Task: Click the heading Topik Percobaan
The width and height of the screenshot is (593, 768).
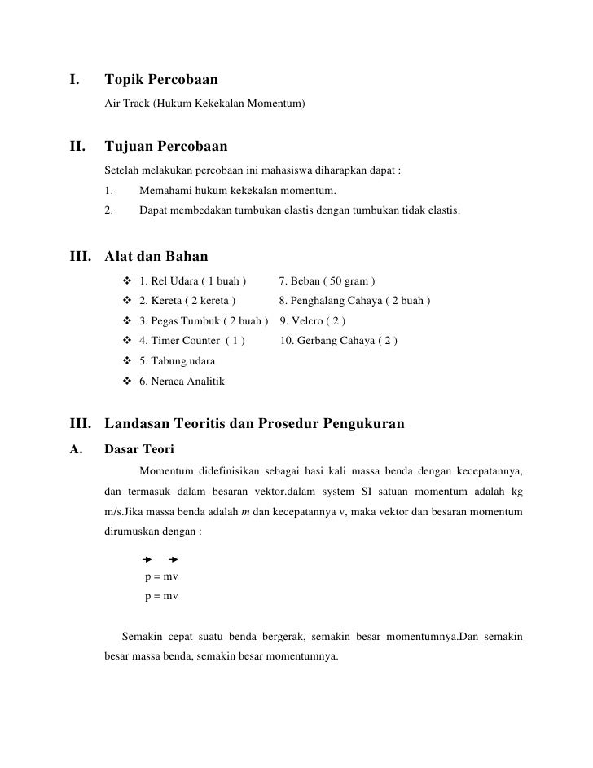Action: pyautogui.click(x=160, y=81)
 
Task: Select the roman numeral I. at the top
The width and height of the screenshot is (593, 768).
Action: pyautogui.click(x=74, y=81)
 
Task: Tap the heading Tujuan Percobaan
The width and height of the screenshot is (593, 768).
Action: pyautogui.click(x=166, y=148)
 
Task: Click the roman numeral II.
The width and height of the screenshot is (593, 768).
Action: pyautogui.click(x=77, y=148)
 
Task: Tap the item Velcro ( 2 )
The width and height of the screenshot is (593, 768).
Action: pyautogui.click(x=313, y=321)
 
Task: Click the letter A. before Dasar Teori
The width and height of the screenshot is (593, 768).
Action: pyautogui.click(x=76, y=448)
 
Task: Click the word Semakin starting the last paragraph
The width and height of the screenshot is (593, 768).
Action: pyautogui.click(x=143, y=636)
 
